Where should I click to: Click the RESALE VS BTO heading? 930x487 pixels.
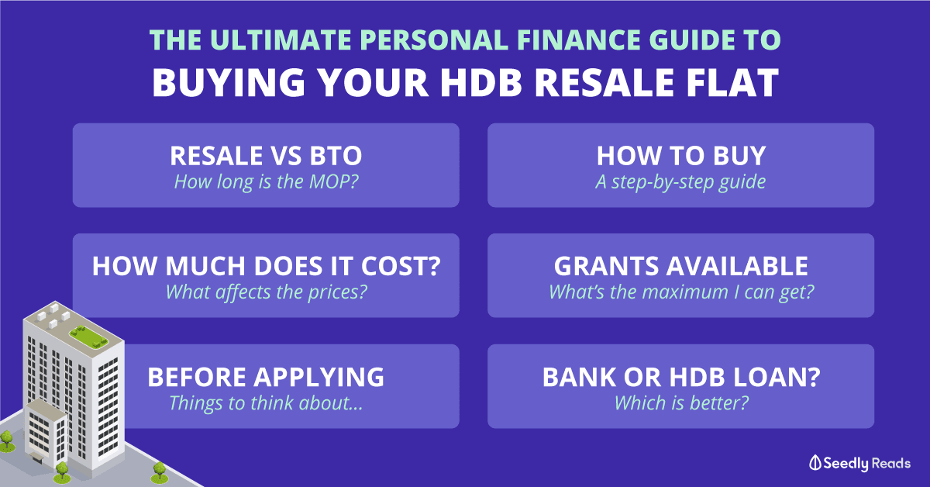[x=266, y=156]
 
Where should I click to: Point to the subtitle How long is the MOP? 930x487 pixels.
[x=266, y=182]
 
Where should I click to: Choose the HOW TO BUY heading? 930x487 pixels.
[x=681, y=156]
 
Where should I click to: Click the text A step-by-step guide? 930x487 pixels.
[x=681, y=182]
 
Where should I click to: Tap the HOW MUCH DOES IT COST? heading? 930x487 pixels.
[x=266, y=266]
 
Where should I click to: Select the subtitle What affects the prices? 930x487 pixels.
[x=266, y=292]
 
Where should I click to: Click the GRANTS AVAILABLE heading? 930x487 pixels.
[x=681, y=266]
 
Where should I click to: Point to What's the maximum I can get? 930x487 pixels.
[x=681, y=292]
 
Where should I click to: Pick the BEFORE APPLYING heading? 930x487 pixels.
[x=266, y=377]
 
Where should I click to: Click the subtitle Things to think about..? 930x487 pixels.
[x=266, y=403]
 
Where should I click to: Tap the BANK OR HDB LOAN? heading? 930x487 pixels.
[x=681, y=377]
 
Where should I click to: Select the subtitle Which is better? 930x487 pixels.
[x=681, y=403]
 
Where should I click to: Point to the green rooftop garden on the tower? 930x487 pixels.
[x=88, y=337]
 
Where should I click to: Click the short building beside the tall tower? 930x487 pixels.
[x=46, y=432]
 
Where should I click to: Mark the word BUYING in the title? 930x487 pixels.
[x=229, y=82]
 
